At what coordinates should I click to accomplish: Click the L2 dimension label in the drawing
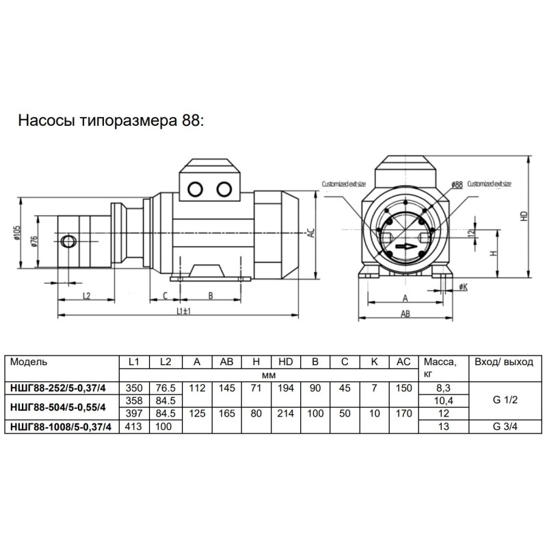click(x=87, y=295)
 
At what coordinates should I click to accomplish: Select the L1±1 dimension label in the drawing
click(x=182, y=310)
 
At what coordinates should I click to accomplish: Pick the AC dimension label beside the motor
click(x=310, y=232)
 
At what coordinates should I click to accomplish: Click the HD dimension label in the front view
click(x=524, y=215)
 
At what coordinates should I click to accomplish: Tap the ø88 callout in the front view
click(x=457, y=185)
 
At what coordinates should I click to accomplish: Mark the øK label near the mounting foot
click(x=463, y=287)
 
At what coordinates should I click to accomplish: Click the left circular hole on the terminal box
click(x=197, y=189)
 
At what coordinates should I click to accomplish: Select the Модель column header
click(x=29, y=362)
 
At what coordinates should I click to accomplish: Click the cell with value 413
click(x=134, y=427)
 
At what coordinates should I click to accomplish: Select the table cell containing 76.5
click(x=165, y=388)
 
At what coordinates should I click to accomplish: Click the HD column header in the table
click(x=286, y=362)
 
